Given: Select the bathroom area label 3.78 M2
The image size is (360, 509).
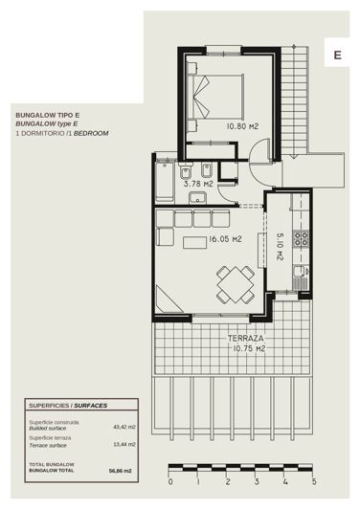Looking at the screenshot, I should pyautogui.click(x=197, y=185).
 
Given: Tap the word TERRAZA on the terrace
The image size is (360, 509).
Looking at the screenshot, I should pyautogui.click(x=245, y=339).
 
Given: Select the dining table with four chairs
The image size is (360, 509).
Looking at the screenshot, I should pyautogui.click(x=234, y=283).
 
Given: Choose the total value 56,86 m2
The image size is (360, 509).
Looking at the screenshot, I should pyautogui.click(x=122, y=471).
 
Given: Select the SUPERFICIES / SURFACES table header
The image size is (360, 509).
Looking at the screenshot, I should pyautogui.click(x=67, y=406).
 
